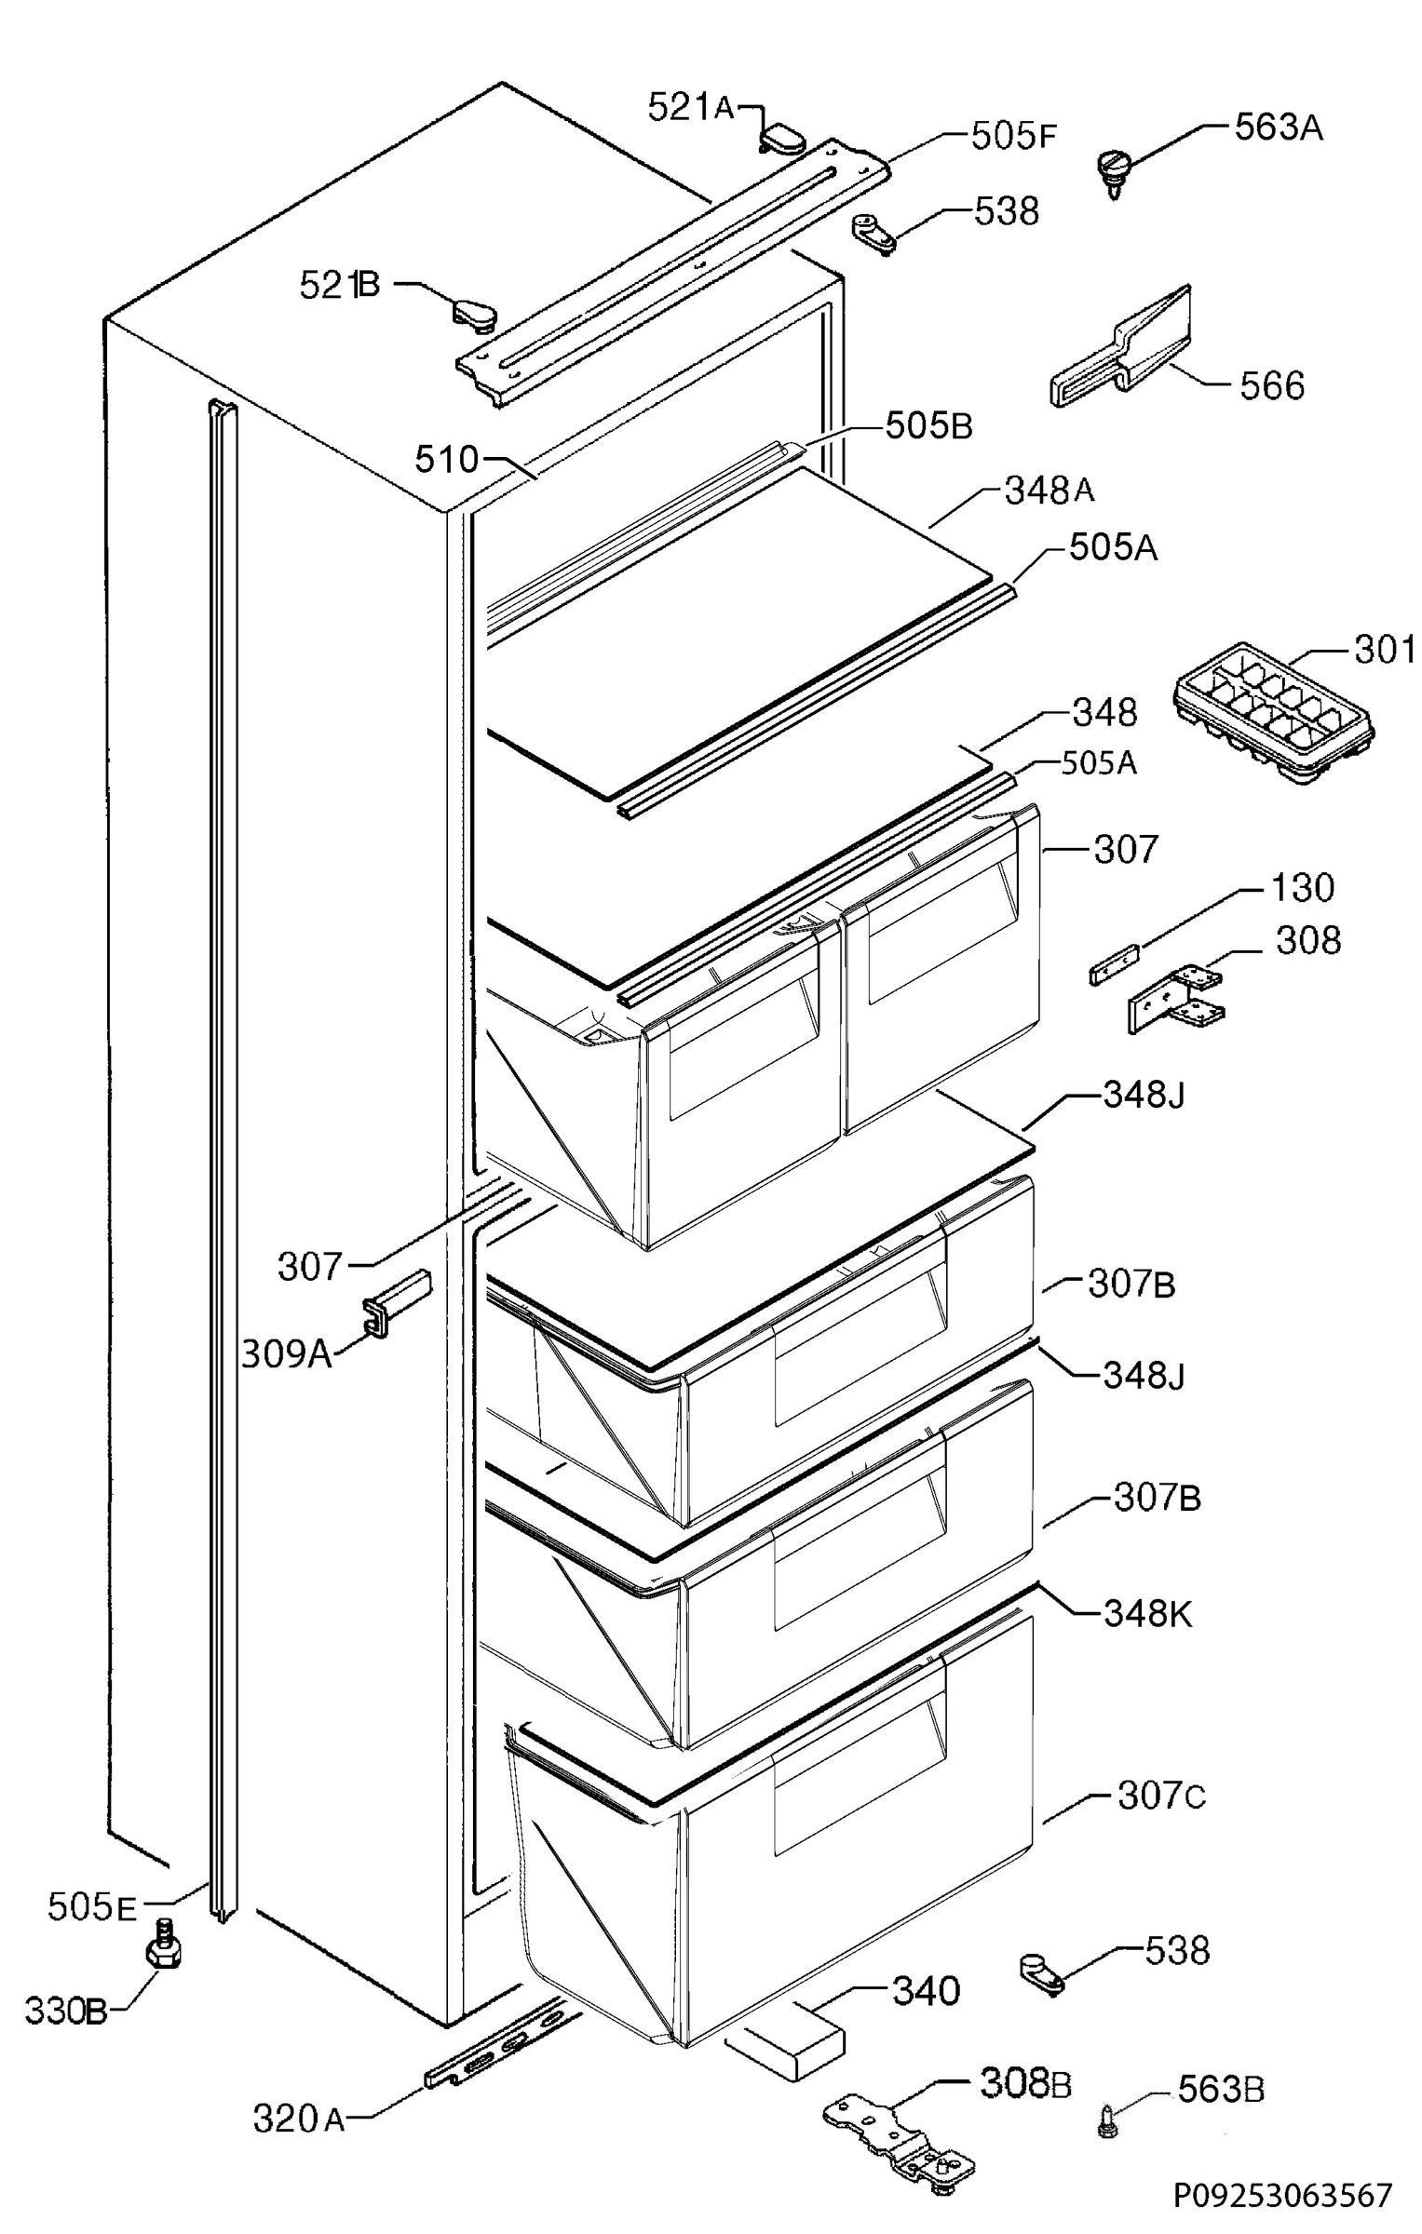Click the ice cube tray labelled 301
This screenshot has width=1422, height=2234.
(1271, 715)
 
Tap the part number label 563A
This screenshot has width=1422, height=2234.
(1278, 128)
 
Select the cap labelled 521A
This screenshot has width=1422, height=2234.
(780, 140)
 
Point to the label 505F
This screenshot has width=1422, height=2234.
(1013, 137)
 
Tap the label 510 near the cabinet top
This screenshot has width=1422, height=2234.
(446, 459)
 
